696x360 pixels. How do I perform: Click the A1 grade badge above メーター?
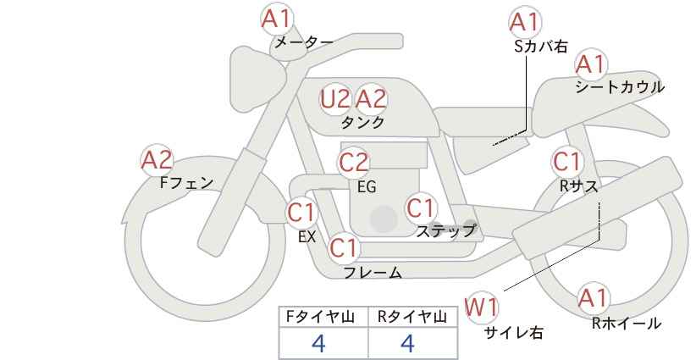(276, 19)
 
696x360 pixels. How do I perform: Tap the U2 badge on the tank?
(335, 99)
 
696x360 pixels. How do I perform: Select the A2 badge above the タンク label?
(371, 99)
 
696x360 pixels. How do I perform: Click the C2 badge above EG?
(354, 163)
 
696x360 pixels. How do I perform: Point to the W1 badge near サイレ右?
(481, 307)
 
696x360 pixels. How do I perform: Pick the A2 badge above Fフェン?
(157, 160)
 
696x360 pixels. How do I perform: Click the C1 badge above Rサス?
(566, 162)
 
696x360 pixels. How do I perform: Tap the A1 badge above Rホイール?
(593, 298)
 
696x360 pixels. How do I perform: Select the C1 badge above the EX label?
(301, 212)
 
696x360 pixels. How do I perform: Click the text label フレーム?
(373, 273)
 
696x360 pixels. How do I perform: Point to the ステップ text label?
(445, 230)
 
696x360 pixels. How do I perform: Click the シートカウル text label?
(620, 87)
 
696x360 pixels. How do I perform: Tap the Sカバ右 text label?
(541, 47)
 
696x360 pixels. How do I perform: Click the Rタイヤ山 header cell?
(413, 317)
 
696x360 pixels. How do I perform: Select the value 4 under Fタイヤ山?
(318, 344)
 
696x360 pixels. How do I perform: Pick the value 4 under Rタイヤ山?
(407, 344)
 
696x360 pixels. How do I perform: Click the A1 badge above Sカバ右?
(525, 22)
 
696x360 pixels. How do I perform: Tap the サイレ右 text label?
(513, 333)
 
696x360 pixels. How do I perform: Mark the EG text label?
(367, 187)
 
